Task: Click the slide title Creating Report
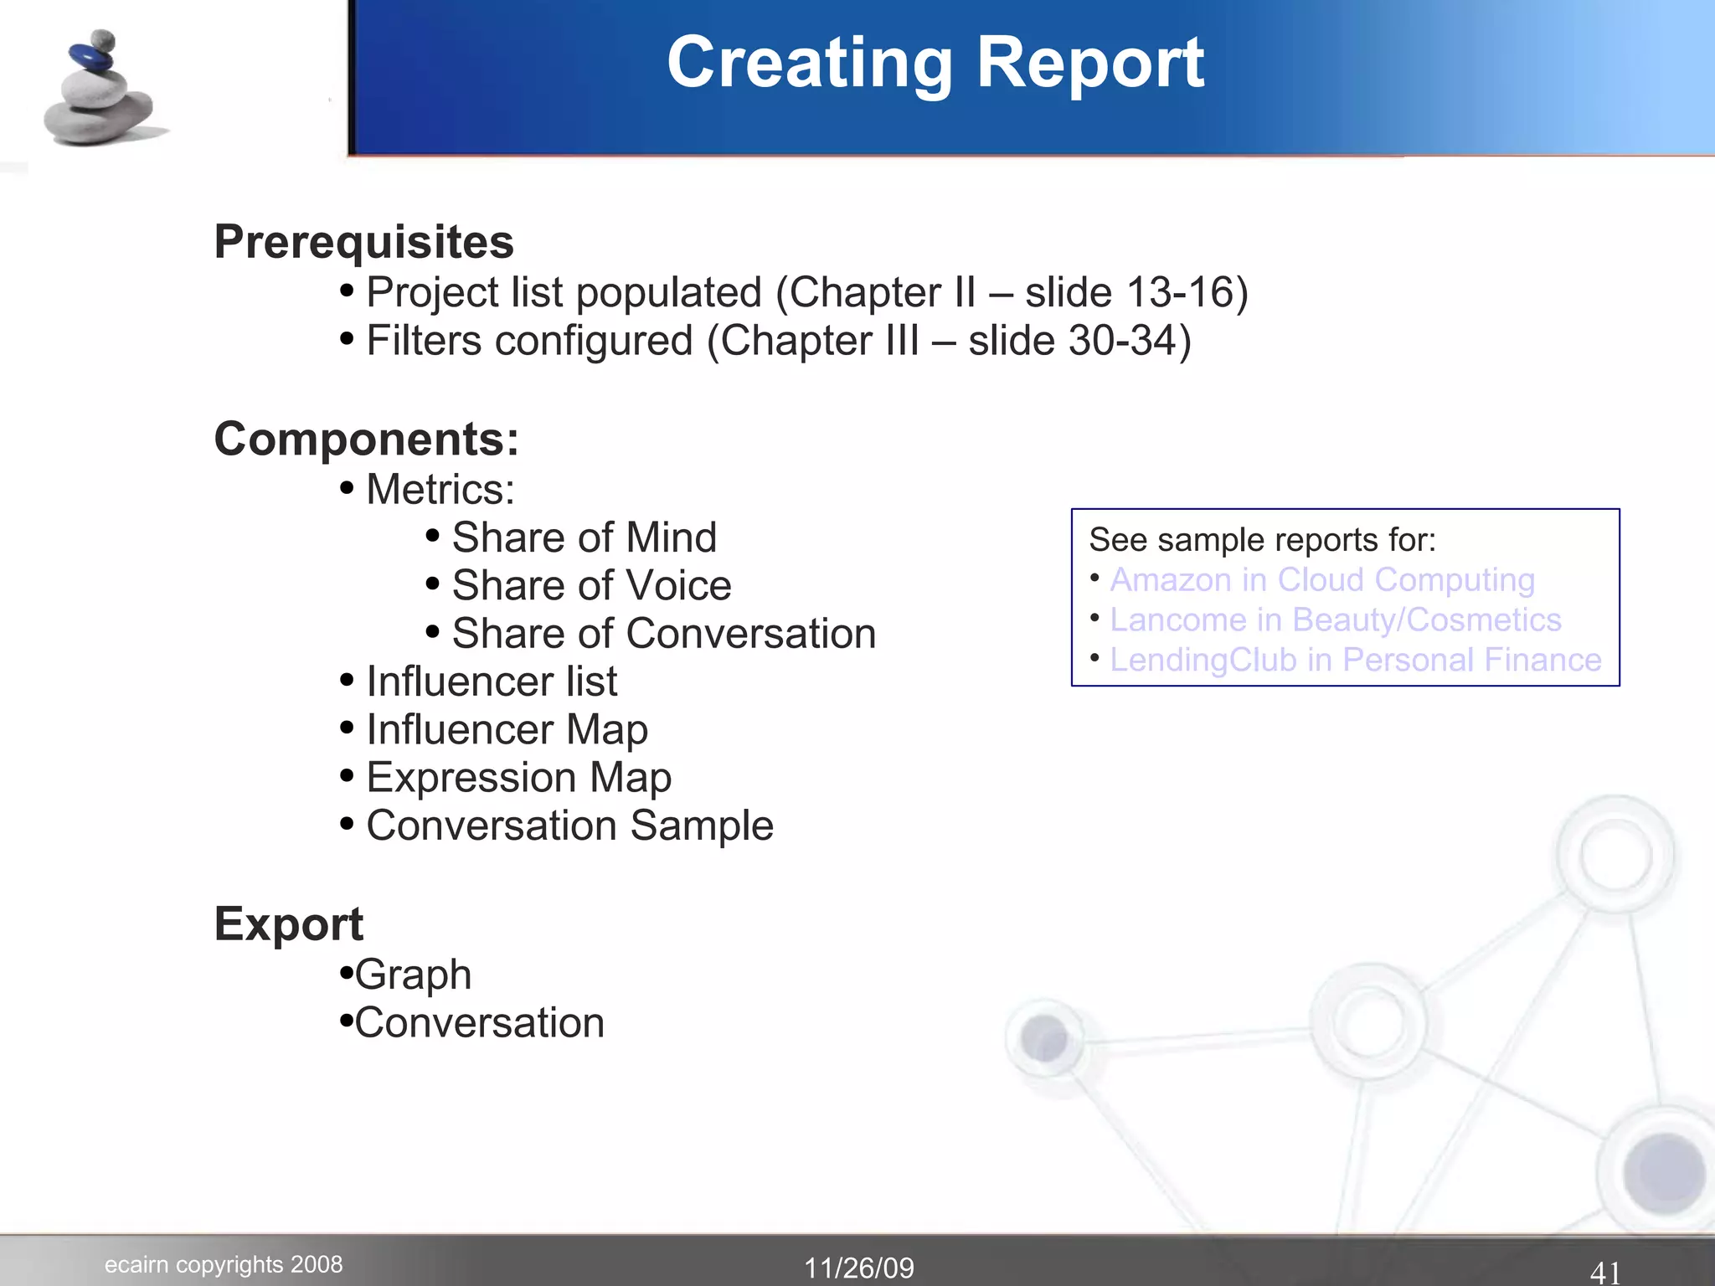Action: point(935,64)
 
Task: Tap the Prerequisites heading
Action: point(363,242)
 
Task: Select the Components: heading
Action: point(366,439)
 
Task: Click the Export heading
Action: point(288,924)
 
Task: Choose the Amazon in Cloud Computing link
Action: point(1321,579)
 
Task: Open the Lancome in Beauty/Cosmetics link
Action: point(1335,620)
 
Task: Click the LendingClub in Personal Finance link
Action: point(1355,660)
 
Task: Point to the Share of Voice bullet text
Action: point(591,585)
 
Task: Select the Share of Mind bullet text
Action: point(584,538)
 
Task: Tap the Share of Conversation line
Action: point(663,634)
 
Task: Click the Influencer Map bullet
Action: point(507,729)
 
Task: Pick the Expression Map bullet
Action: point(518,778)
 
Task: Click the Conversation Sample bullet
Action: point(569,826)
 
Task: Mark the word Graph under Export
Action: point(413,975)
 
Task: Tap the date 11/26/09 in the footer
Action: point(859,1268)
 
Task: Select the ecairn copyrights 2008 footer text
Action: point(224,1264)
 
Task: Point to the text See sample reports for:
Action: point(1262,540)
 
